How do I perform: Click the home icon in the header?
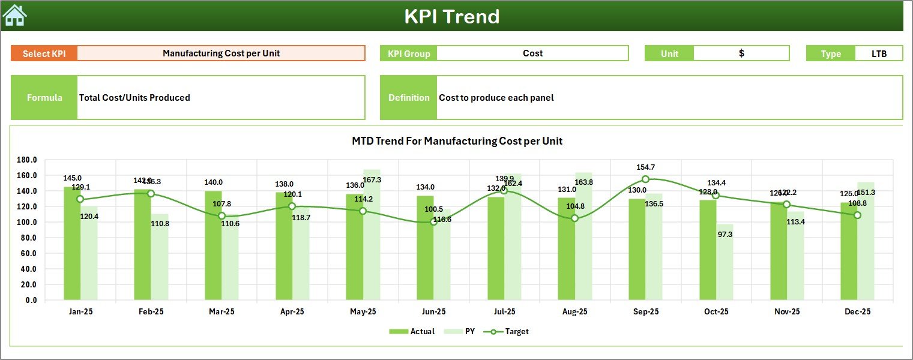(14, 16)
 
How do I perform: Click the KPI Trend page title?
(451, 16)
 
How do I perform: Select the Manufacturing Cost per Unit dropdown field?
(221, 53)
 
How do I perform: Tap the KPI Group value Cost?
(532, 53)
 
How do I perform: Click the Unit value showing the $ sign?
(741, 53)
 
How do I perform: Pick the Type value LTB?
(879, 53)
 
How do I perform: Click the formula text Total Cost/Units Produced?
(134, 98)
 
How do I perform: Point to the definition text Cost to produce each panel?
(496, 98)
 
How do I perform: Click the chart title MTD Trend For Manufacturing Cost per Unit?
(457, 141)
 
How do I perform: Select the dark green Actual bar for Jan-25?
(72, 243)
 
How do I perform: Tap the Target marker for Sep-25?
(645, 179)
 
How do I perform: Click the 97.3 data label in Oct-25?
(725, 234)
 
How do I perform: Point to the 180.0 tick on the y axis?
(27, 160)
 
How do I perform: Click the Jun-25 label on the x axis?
(433, 312)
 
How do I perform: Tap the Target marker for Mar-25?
(221, 216)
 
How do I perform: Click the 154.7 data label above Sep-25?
(645, 167)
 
